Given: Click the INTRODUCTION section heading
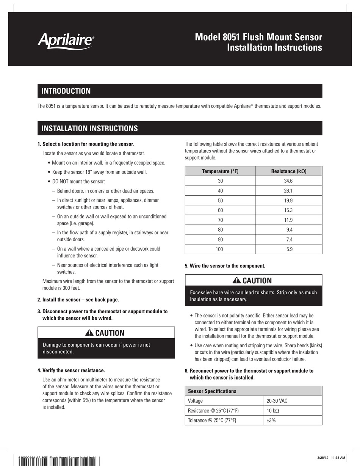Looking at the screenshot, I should point(66,91).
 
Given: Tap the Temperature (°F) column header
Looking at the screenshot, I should point(220,171).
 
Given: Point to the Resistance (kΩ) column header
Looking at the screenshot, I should point(289,171).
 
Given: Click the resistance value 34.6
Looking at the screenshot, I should point(288,181).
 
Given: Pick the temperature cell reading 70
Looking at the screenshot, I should point(221,220).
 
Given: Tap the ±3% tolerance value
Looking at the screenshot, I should point(271,420).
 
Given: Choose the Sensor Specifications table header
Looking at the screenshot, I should point(212,391).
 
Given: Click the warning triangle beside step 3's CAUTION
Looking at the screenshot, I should point(89,333).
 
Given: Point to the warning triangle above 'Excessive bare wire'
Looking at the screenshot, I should point(236,281).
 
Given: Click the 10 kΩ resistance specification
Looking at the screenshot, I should point(273,411).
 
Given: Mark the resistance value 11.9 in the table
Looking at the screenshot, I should point(288,220).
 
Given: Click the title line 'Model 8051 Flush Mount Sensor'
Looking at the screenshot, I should point(258,37).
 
